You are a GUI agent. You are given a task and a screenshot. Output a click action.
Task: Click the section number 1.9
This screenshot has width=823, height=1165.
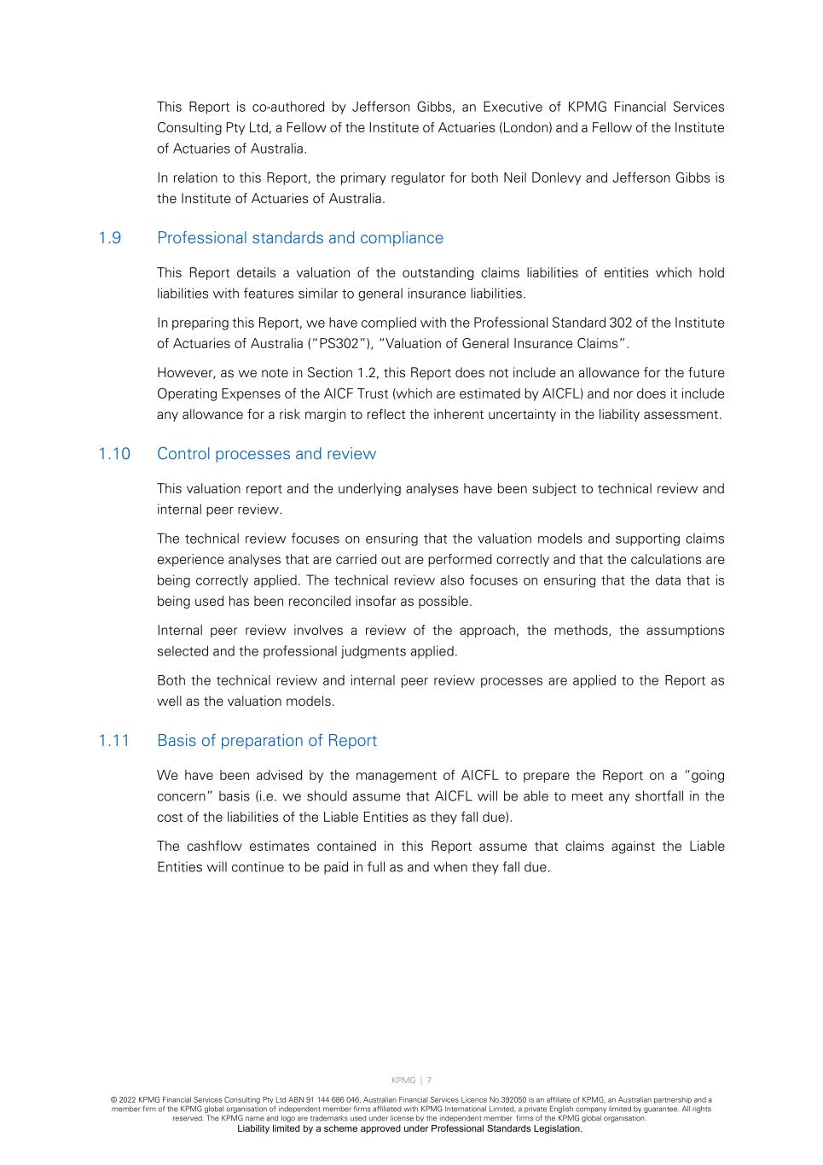click(110, 238)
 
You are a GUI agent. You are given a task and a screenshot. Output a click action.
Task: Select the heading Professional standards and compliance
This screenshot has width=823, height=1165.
click(300, 238)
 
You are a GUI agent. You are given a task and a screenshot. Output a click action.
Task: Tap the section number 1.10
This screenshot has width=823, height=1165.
click(114, 454)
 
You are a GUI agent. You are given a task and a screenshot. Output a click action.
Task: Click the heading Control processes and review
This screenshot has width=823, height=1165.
click(266, 454)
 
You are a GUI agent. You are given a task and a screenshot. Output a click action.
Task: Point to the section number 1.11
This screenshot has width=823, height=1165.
click(114, 741)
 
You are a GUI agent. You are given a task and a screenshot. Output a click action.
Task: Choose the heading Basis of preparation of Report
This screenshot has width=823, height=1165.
click(267, 741)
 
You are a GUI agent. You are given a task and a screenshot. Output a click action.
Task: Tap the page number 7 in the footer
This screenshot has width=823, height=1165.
click(429, 1081)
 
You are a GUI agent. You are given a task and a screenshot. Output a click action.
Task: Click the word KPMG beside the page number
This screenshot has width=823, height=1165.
click(403, 1081)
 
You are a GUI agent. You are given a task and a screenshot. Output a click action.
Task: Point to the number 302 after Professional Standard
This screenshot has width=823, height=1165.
click(620, 323)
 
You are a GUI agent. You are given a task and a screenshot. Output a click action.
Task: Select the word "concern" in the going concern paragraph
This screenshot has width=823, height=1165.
click(183, 797)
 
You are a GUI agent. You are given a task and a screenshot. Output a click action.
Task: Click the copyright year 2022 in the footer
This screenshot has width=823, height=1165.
click(128, 1100)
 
